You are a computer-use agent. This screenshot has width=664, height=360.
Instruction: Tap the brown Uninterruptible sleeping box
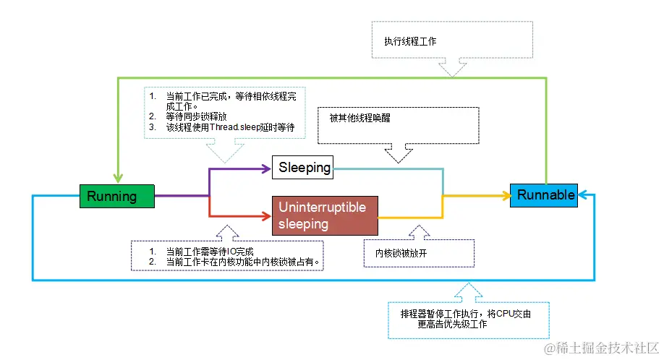click(325, 215)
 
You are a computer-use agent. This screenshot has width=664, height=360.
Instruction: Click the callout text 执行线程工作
click(410, 42)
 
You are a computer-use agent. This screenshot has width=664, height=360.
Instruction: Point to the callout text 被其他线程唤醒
click(359, 118)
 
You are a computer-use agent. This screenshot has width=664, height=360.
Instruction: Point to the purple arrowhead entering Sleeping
click(266, 168)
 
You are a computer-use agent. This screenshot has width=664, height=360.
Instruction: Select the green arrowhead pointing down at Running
click(117, 179)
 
